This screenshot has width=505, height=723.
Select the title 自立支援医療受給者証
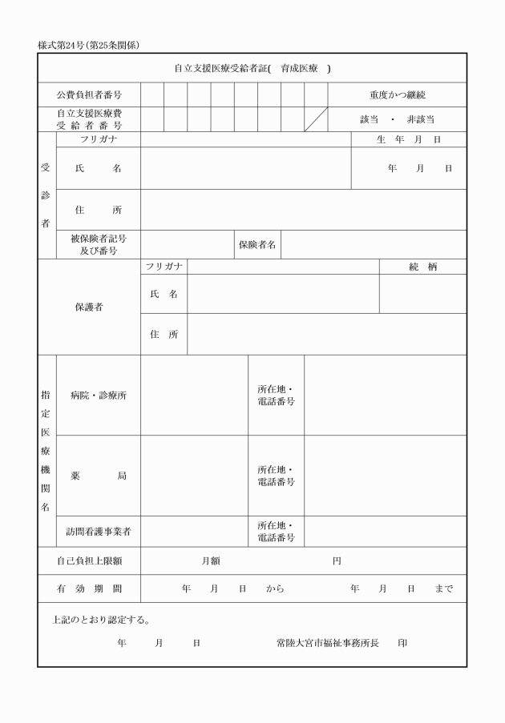[x=221, y=68]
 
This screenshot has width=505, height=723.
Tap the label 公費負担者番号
[x=89, y=95]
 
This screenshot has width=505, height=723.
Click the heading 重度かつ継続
[x=397, y=95]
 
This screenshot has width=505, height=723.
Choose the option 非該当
[x=422, y=119]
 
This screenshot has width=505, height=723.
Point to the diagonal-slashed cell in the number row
[x=316, y=119]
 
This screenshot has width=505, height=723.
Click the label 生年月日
[x=409, y=139]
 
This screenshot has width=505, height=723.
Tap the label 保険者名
[x=257, y=245]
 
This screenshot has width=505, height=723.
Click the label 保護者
[x=89, y=307]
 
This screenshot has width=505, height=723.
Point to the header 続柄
[x=422, y=267]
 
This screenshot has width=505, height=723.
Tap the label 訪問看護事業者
[x=99, y=532]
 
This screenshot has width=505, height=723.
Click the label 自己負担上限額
[x=89, y=561]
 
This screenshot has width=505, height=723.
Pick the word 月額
[x=211, y=561]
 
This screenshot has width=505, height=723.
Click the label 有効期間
[x=89, y=589]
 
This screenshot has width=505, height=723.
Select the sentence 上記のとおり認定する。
[x=101, y=620]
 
